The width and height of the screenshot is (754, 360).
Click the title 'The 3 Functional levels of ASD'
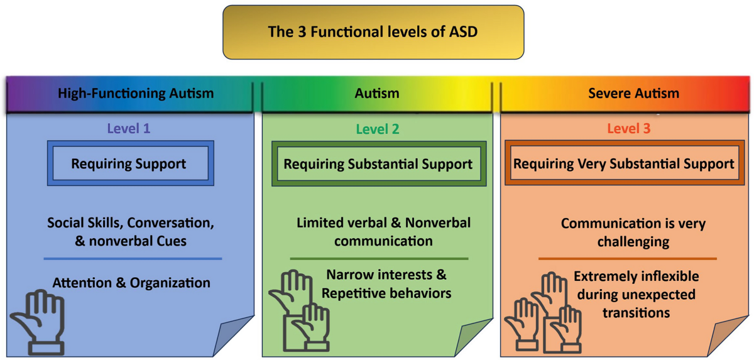[373, 31]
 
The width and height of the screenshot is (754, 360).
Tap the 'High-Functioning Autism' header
[136, 93]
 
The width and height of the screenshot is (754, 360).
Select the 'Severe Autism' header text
[633, 93]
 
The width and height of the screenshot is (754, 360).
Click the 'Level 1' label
[129, 128]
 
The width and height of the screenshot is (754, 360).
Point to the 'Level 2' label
[378, 129]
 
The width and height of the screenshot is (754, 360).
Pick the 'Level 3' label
[629, 128]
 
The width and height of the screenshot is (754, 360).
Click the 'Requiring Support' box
[131, 163]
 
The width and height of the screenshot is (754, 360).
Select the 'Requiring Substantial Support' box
[379, 163]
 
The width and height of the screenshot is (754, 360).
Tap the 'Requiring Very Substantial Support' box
[625, 163]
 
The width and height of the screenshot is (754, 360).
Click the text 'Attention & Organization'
[131, 283]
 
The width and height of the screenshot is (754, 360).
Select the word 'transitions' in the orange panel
[636, 312]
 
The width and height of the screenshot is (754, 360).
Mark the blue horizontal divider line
[133, 259]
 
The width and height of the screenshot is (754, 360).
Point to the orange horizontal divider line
[628, 259]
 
